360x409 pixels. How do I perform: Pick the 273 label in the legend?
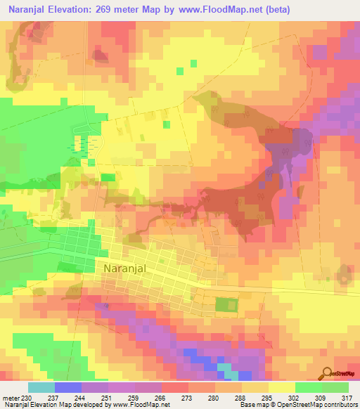tap(188, 398)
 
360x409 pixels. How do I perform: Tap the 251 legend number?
tap(108, 398)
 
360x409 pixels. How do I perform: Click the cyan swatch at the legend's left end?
tap(41, 387)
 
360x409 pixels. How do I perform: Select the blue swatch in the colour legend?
tap(68, 387)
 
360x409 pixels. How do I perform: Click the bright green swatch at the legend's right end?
tap(335, 387)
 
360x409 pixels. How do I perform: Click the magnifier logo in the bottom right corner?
tap(328, 373)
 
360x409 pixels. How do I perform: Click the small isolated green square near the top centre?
tap(181, 70)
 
